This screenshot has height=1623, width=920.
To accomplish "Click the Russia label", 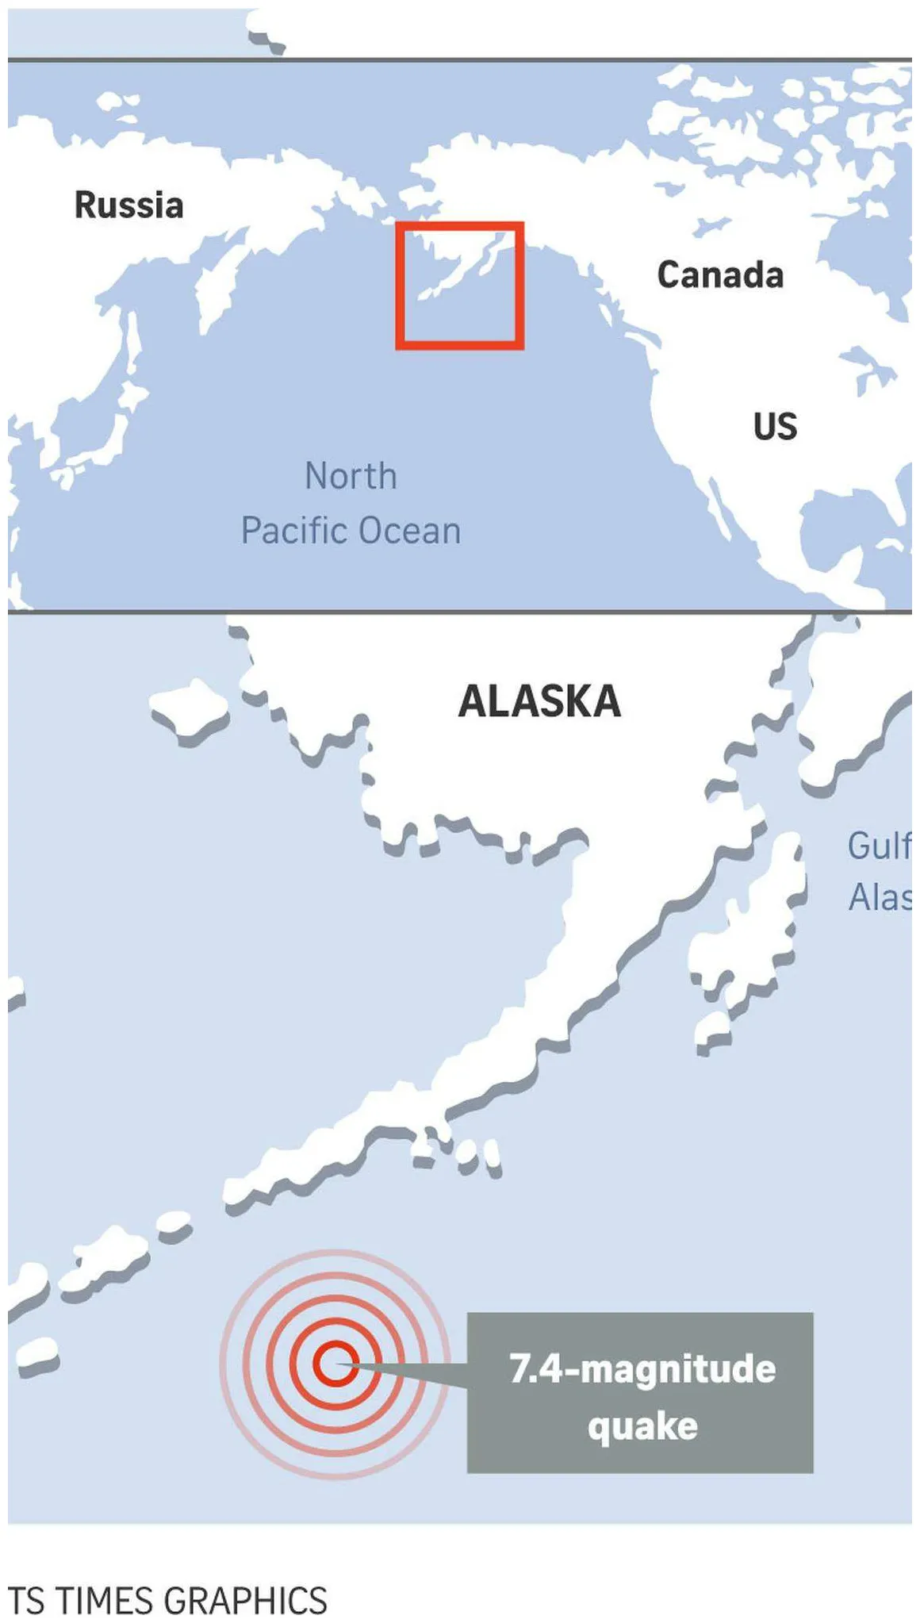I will (x=129, y=205).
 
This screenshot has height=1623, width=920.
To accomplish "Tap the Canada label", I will (x=720, y=275).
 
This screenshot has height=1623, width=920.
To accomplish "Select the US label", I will (x=775, y=427).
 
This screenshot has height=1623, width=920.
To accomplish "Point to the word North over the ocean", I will (x=351, y=477).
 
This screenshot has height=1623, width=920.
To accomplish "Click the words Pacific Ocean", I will (x=351, y=531).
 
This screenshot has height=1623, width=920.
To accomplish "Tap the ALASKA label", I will (x=539, y=701).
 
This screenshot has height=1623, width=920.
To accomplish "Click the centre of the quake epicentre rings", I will (x=335, y=1364).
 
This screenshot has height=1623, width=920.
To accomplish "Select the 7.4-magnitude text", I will (x=642, y=1369).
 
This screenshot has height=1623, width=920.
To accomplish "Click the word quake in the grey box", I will (x=642, y=1426).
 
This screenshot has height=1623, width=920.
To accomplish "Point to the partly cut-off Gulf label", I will (x=879, y=846).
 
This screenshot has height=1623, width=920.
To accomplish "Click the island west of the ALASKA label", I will (x=189, y=708).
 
